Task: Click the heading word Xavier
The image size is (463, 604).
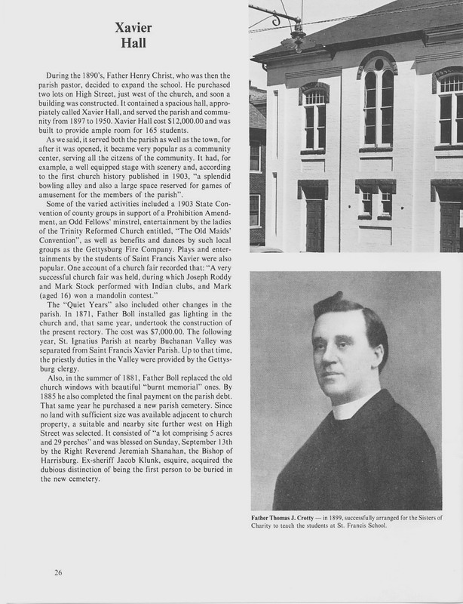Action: pyautogui.click(x=133, y=28)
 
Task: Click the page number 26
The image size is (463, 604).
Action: pyautogui.click(x=58, y=572)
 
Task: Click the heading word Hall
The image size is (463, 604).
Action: pyautogui.click(x=133, y=44)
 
